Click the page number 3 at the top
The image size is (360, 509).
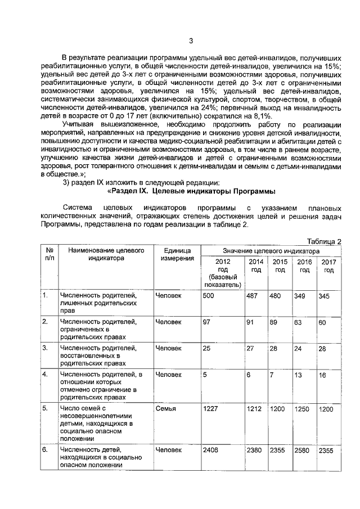[191, 40]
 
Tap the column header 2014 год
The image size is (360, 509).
[255, 266]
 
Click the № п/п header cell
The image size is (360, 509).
[48, 254]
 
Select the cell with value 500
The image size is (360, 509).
[209, 296]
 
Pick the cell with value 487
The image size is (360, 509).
[252, 296]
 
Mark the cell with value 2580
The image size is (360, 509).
[304, 450]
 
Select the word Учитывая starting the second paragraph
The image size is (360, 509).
[79, 124]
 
